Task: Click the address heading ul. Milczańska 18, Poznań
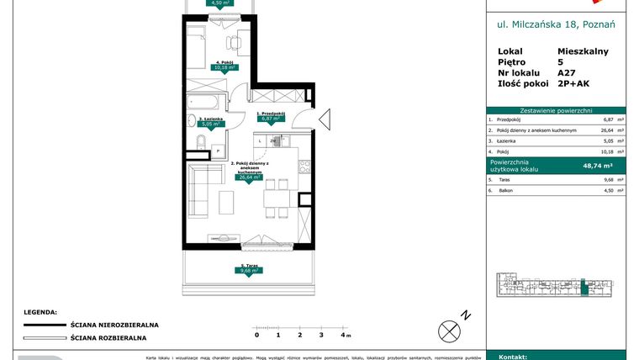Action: pyautogui.click(x=556, y=25)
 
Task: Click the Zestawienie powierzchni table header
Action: pyautogui.click(x=556, y=109)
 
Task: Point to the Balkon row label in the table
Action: pyautogui.click(x=504, y=191)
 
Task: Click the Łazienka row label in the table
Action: pyautogui.click(x=507, y=142)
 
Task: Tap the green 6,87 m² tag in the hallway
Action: pyautogui.click(x=270, y=119)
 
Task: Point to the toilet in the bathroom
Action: pyautogui.click(x=199, y=140)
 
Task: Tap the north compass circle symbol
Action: pyautogui.click(x=450, y=329)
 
